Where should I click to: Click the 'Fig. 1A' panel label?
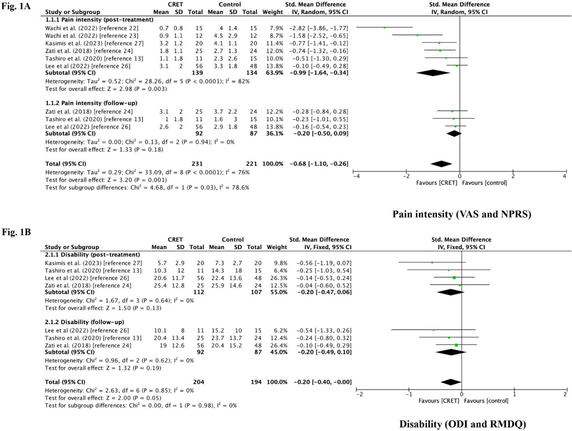click(x=16, y=6)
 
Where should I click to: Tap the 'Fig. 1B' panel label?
click(x=16, y=232)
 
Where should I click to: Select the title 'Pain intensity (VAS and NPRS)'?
click(x=462, y=214)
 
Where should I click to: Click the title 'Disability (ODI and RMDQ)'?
click(x=463, y=424)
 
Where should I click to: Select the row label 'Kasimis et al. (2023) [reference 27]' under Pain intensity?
click(x=94, y=43)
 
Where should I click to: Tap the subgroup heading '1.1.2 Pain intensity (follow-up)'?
click(x=91, y=103)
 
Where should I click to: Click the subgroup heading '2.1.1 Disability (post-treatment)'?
click(x=92, y=255)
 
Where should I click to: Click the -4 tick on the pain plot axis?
click(x=356, y=176)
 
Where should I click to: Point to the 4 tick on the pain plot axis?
click(x=564, y=176)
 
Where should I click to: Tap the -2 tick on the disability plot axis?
click(x=359, y=394)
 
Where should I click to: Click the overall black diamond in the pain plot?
click(x=441, y=164)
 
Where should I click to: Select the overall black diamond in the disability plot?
click(x=451, y=382)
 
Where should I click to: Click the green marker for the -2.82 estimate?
click(x=384, y=28)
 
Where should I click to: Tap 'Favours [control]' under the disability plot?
click(x=486, y=401)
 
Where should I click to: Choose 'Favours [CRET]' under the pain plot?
click(x=436, y=183)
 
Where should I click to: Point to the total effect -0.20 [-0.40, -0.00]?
click(x=322, y=382)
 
